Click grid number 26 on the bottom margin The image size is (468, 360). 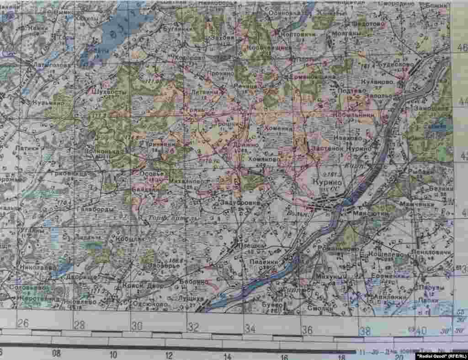click(x=22, y=323)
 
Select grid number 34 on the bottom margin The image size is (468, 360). click(x=250, y=328)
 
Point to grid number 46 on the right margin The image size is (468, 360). click(x=462, y=48)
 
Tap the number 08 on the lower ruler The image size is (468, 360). click(x=56, y=353)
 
